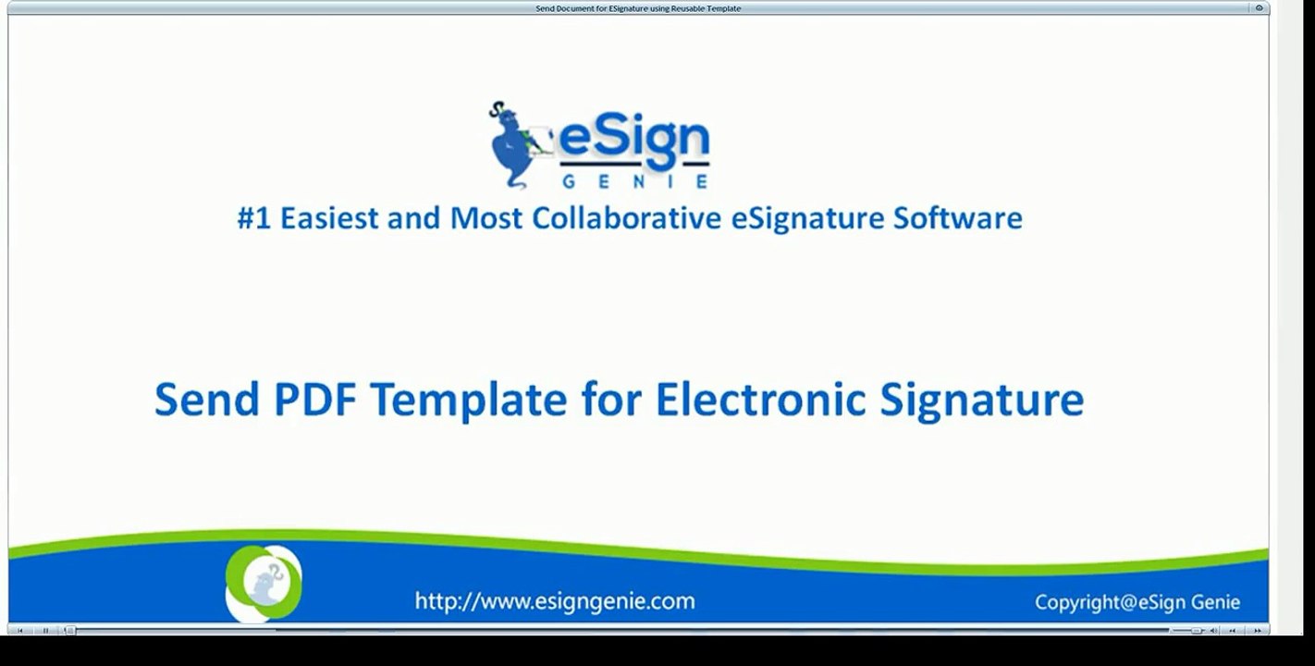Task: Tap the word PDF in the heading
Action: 314,400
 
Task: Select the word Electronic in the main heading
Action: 760,400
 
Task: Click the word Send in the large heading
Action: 206,400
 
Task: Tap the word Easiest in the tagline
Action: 330,218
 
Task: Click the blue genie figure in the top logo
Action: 516,143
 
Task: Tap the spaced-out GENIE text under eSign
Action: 634,181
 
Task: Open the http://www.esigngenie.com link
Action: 555,601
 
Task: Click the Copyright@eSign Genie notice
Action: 1137,602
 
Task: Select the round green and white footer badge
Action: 264,583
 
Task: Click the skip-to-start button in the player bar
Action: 20,631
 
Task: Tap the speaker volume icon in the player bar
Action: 1214,631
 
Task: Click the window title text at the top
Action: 638,8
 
